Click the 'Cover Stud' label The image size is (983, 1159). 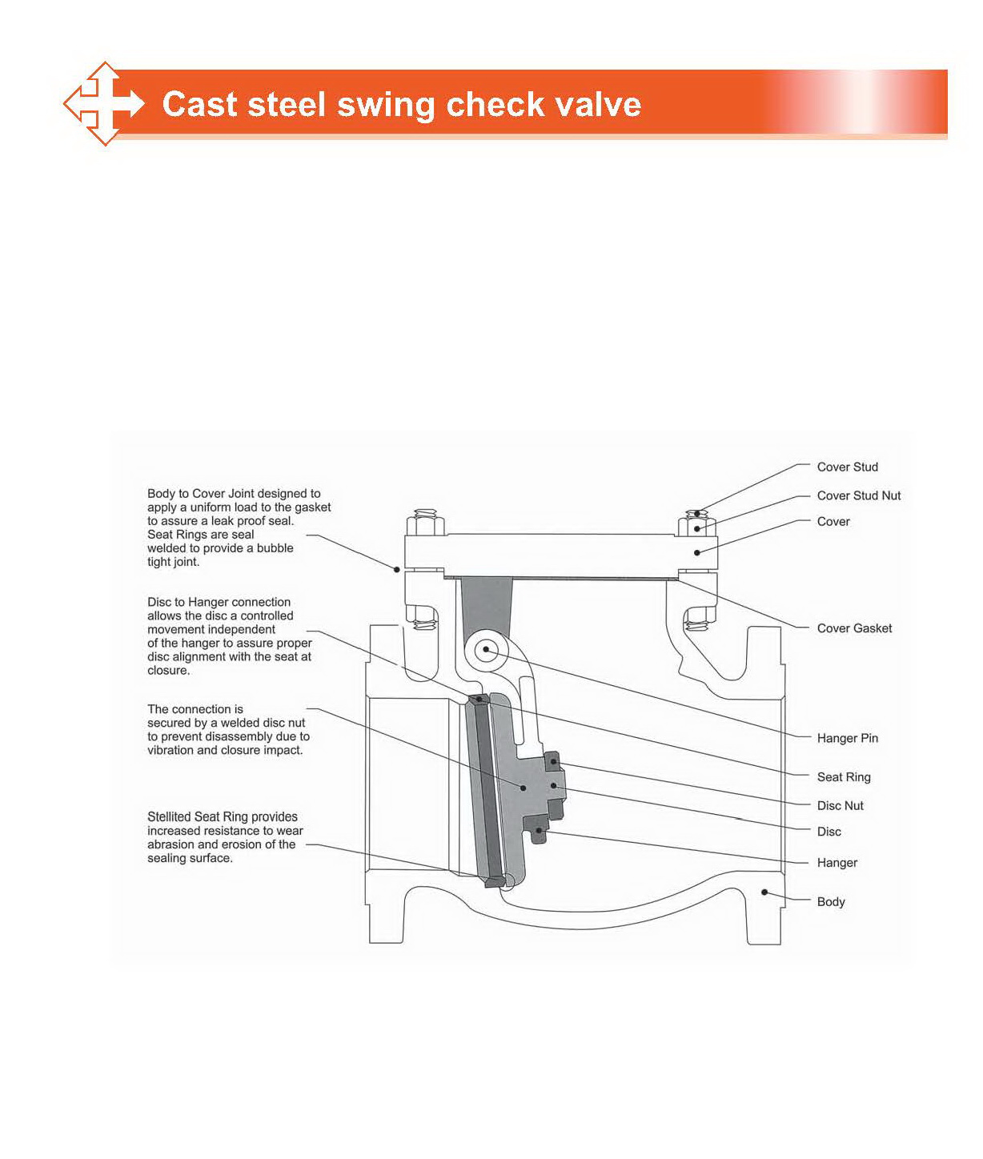847,467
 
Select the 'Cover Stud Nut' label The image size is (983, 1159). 858,495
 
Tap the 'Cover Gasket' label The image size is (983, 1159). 854,628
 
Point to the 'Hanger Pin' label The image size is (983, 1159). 847,738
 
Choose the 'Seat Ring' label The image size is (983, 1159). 843,776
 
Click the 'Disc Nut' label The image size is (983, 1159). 840,805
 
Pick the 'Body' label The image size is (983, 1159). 830,901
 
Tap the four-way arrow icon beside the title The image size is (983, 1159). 104,104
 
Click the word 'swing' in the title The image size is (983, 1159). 385,105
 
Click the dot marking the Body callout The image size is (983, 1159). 764,892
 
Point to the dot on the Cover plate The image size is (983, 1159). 697,552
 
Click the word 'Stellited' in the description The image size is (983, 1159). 172,816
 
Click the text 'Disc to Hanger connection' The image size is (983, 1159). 219,602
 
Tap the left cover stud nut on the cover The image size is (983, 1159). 425,527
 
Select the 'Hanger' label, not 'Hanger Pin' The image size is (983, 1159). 837,863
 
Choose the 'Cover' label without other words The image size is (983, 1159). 833,521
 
